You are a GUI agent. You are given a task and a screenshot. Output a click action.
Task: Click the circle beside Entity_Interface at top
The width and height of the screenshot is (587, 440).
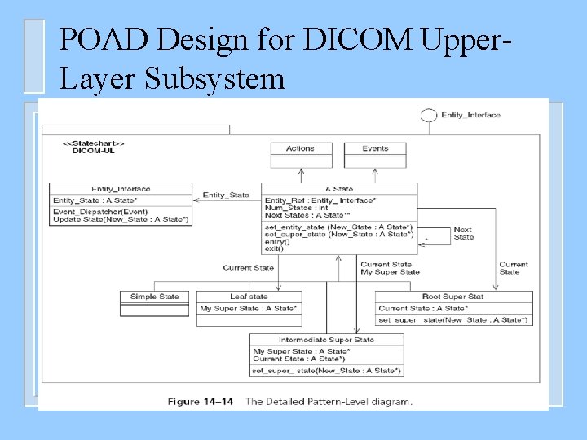click(428, 116)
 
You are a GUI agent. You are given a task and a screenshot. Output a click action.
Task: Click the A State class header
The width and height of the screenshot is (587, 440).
click(338, 189)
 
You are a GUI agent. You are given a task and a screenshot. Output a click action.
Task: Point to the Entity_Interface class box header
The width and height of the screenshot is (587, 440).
click(121, 189)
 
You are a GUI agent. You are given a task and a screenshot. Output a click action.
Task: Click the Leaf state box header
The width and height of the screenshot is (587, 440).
click(248, 297)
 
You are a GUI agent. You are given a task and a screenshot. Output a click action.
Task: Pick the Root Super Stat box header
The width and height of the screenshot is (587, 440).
click(452, 297)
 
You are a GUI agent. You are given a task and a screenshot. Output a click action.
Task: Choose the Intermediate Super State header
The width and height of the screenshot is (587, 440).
click(326, 340)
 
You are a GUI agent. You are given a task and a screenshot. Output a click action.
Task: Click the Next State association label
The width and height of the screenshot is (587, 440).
click(463, 233)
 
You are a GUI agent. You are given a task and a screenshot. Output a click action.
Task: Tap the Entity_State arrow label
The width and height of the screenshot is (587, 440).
click(226, 196)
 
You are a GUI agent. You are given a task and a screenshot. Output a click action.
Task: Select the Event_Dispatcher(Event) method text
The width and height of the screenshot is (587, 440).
click(87, 212)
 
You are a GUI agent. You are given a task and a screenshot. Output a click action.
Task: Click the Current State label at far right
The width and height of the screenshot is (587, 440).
click(514, 268)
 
